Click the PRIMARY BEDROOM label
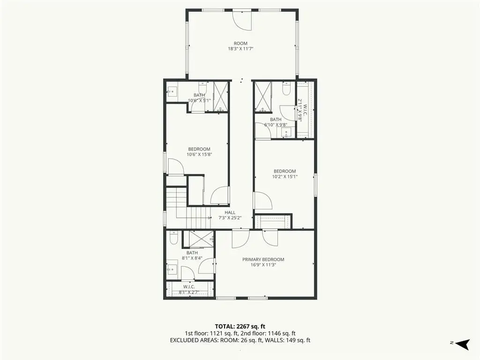263,259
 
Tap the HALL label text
230,212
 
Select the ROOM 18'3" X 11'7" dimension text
240,49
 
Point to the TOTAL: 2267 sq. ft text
240,326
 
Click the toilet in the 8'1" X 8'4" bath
173,238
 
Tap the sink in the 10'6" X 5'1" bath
172,91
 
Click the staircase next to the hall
187,208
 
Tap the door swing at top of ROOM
242,21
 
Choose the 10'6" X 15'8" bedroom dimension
199,155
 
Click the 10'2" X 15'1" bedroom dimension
285,177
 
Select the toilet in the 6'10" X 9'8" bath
286,89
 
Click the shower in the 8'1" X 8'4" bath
201,239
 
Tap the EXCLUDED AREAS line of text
240,340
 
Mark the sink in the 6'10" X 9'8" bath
286,133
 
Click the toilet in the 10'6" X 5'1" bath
203,88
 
